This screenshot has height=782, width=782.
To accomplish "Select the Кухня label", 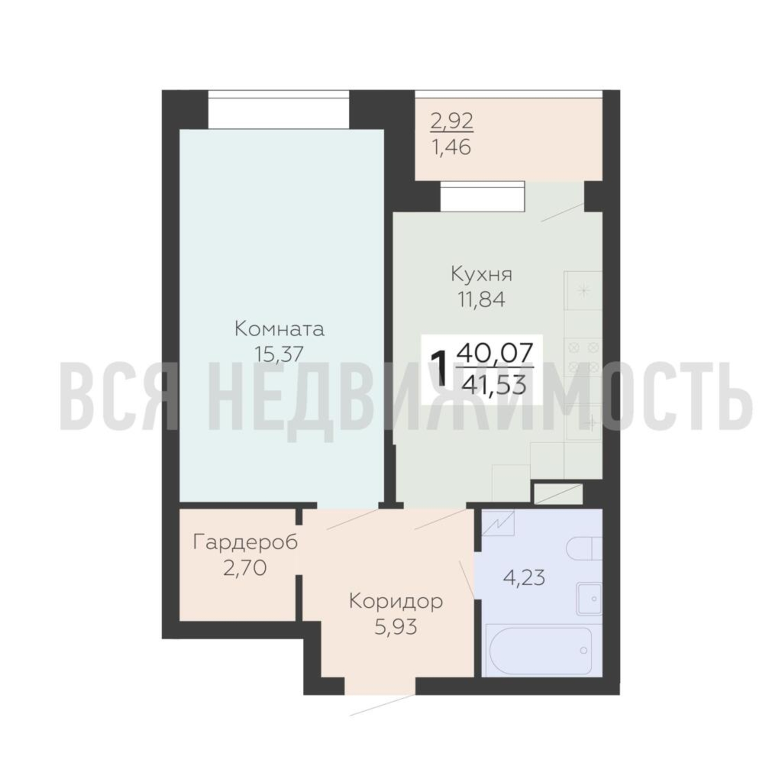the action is pos(482,274).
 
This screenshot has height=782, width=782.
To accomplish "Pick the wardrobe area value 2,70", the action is pos(244,568).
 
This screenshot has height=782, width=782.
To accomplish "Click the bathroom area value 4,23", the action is pos(524,578).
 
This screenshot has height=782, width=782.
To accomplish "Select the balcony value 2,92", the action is pos(452,122).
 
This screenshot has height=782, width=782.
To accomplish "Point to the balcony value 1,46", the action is pos(451,147).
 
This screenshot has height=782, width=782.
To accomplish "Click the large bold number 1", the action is pos(439,369).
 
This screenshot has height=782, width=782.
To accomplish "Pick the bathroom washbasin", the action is pos(589,599).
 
